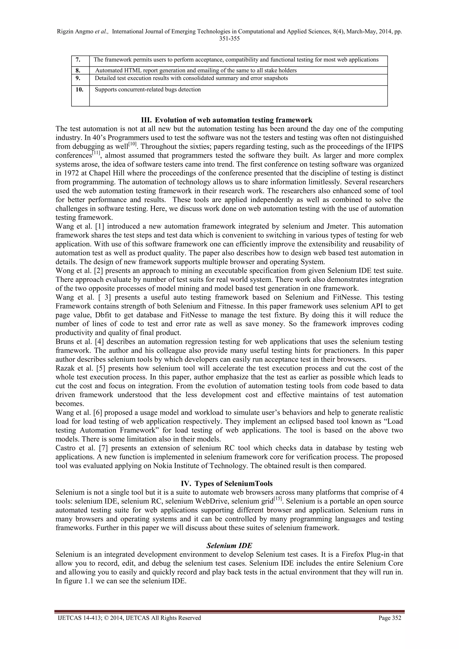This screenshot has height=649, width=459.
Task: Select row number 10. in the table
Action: coord(79,90)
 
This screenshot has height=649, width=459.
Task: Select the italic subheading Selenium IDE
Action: coord(229,546)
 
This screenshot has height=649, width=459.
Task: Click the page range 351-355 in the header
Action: coord(229,39)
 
